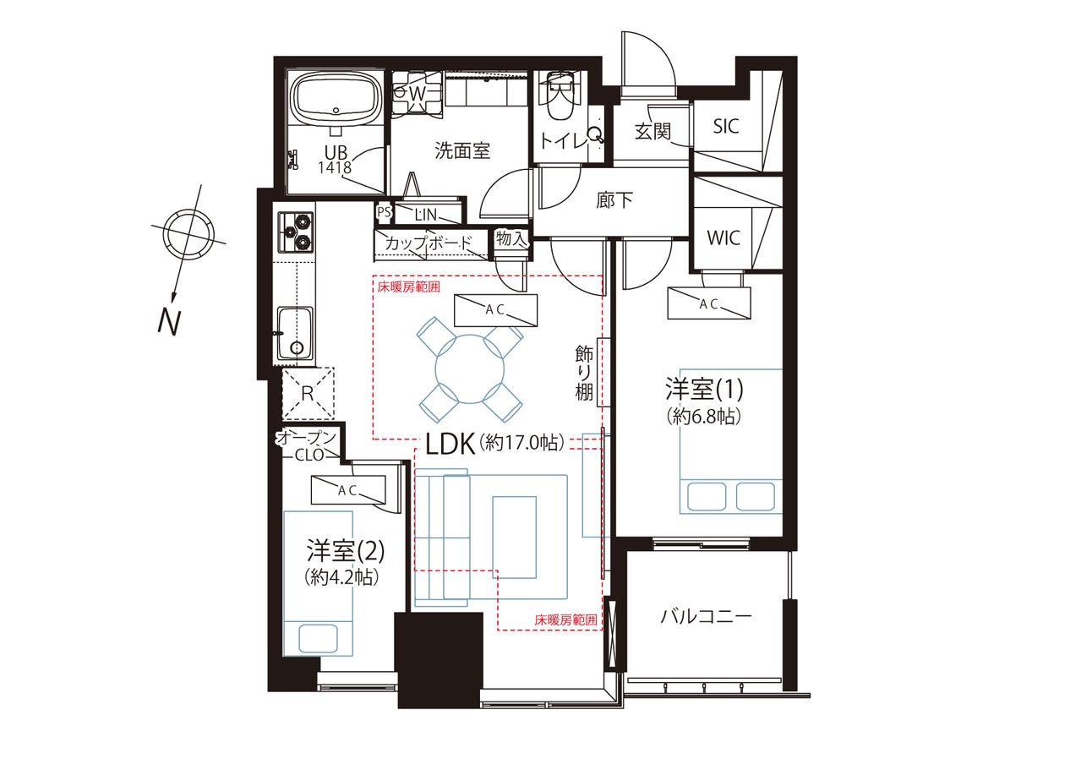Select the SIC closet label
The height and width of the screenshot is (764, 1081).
pyautogui.click(x=726, y=126)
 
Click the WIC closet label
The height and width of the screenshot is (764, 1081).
pyautogui.click(x=723, y=237)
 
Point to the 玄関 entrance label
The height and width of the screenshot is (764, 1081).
pyautogui.click(x=652, y=130)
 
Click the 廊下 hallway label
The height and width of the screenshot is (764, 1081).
pyautogui.click(x=614, y=199)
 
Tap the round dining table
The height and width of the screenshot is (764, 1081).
pyautogui.click(x=470, y=369)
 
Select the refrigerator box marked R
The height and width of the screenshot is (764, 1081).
pyautogui.click(x=308, y=393)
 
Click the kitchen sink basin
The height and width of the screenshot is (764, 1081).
pyautogui.click(x=295, y=333)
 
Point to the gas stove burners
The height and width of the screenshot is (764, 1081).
pyautogui.click(x=295, y=232)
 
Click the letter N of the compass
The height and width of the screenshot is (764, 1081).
pyautogui.click(x=169, y=321)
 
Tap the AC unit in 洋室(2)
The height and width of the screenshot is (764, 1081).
pyautogui.click(x=348, y=490)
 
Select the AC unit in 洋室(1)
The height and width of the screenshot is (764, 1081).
pyautogui.click(x=709, y=303)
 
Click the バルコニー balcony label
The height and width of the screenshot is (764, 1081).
pyautogui.click(x=706, y=617)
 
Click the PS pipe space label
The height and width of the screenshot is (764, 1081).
pyautogui.click(x=384, y=212)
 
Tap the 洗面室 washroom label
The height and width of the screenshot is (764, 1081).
pyautogui.click(x=462, y=151)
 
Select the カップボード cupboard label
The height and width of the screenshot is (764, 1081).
pyautogui.click(x=429, y=243)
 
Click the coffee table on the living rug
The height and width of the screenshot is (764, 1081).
pyautogui.click(x=514, y=538)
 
